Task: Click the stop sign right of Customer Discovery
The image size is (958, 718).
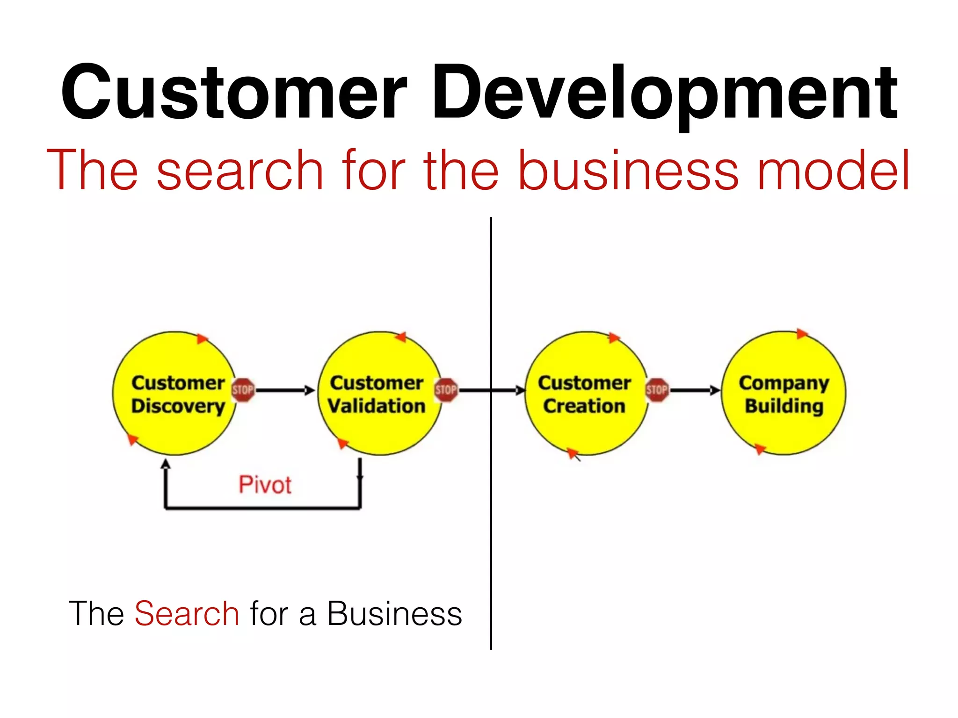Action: click(x=243, y=390)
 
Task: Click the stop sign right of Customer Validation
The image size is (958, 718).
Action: click(x=446, y=390)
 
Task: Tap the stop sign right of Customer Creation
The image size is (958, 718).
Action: click(x=657, y=390)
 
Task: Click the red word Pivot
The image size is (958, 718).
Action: click(x=265, y=485)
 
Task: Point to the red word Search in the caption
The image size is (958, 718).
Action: click(x=187, y=614)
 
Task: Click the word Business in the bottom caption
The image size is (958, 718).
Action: click(x=394, y=614)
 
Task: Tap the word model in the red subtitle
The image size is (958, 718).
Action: click(x=833, y=171)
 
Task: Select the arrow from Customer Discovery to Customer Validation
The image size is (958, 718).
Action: click(x=285, y=390)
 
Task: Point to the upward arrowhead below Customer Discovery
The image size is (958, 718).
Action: click(x=166, y=464)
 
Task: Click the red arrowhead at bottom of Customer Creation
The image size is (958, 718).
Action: click(x=573, y=452)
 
